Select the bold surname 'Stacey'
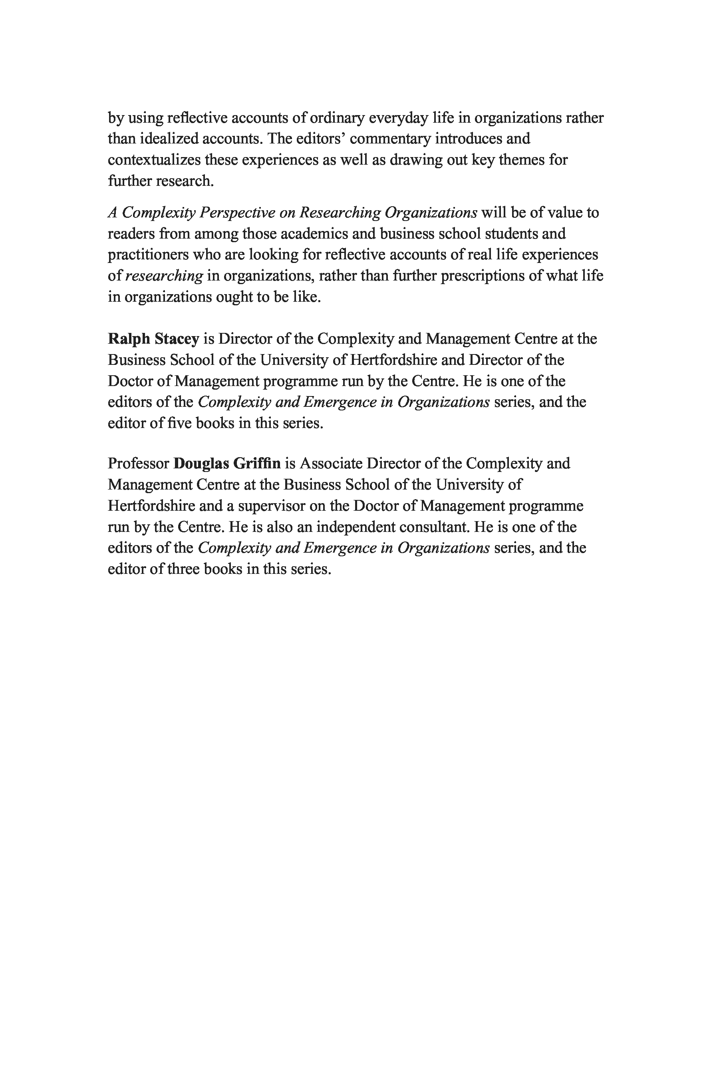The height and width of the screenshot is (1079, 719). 177,339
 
